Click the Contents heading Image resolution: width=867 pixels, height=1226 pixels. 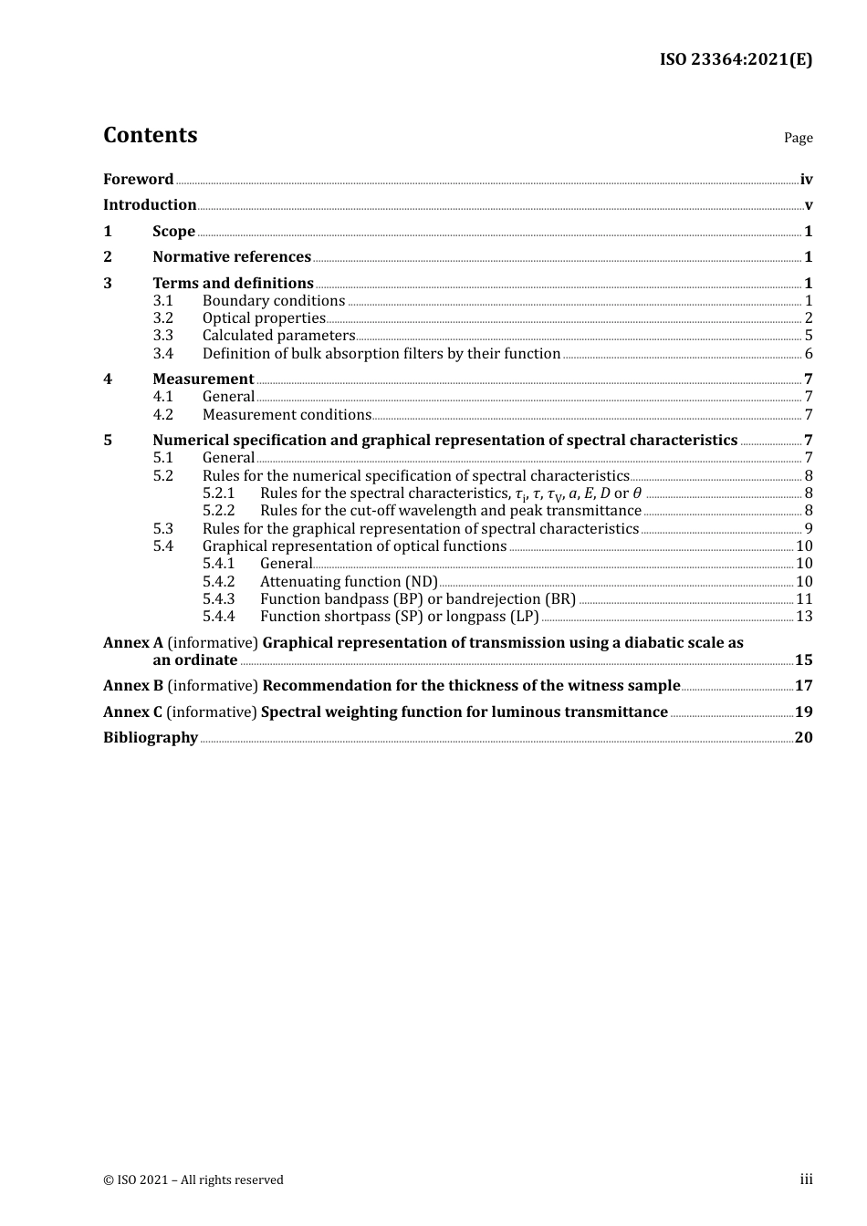pyautogui.click(x=150, y=135)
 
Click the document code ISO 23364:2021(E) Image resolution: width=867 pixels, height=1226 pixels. pyautogui.click(x=736, y=59)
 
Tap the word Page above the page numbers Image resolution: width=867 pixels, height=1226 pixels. pyautogui.click(x=798, y=138)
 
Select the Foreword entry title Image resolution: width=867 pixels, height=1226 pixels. pyautogui.click(x=138, y=179)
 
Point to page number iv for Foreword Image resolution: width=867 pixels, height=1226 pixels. pyautogui.click(x=806, y=180)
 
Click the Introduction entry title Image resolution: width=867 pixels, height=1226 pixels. pyautogui.click(x=150, y=204)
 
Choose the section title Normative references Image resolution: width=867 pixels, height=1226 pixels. pyautogui.click(x=232, y=256)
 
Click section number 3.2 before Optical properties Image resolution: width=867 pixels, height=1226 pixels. pyautogui.click(x=162, y=317)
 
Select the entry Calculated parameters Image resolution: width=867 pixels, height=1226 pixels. pyautogui.click(x=278, y=335)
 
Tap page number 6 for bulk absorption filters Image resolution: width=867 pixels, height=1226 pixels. pyautogui.click(x=809, y=353)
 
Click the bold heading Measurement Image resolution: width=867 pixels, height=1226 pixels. pyautogui.click(x=203, y=379)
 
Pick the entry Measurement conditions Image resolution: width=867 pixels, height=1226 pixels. pyautogui.click(x=287, y=414)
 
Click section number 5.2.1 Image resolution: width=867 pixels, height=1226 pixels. pyautogui.click(x=218, y=493)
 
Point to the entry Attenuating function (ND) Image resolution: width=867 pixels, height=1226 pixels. pyautogui.click(x=349, y=581)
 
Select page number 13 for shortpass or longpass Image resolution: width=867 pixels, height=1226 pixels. pyautogui.click(x=804, y=616)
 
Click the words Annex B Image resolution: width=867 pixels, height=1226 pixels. pyautogui.click(x=132, y=685)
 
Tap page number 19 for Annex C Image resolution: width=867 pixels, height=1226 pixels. pyautogui.click(x=803, y=712)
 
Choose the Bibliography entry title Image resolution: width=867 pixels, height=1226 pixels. pyautogui.click(x=151, y=737)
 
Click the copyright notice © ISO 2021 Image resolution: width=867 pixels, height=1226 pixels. pyautogui.click(x=193, y=1179)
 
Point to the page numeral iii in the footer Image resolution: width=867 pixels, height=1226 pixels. pyautogui.click(x=806, y=1179)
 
